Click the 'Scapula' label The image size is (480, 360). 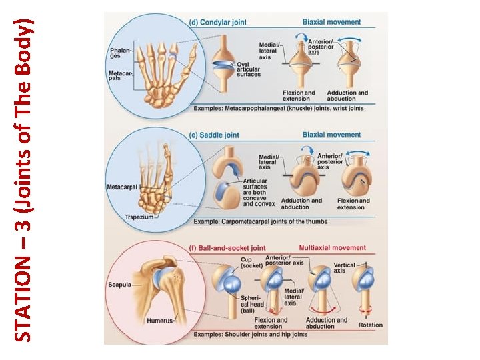coord(121,285)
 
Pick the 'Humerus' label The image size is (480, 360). coord(158,321)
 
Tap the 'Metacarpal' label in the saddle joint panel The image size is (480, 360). coord(122,187)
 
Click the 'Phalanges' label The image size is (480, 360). coord(121,52)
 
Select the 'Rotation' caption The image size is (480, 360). coord(371,325)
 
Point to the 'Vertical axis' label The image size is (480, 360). coord(344,268)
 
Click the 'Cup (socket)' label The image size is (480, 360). coord(251,262)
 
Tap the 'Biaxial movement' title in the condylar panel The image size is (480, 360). coord(331,22)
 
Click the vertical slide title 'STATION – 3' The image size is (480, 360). coord(23,180)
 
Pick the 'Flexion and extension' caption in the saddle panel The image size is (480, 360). coord(355,203)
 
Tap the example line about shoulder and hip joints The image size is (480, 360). coord(250,335)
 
